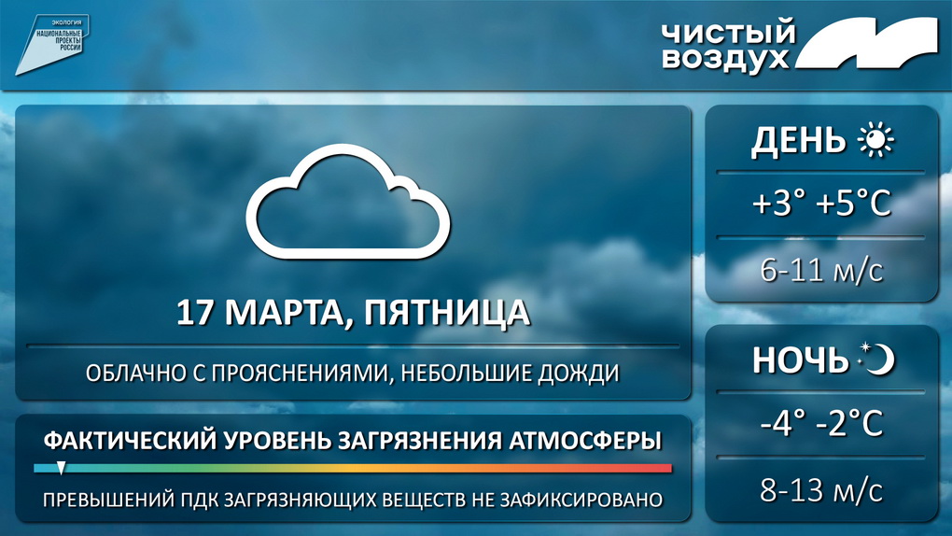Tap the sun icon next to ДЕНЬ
[x=875, y=140]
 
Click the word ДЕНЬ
[x=798, y=141]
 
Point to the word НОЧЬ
[x=800, y=360]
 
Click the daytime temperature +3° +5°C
[x=821, y=203]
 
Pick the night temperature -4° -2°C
[x=821, y=422]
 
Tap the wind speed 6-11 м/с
[x=821, y=270]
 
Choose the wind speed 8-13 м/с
[x=821, y=490]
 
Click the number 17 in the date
[x=195, y=313]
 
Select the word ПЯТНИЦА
[x=447, y=313]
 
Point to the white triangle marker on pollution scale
[x=62, y=467]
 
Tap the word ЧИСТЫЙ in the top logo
[x=729, y=33]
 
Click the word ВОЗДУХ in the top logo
[x=725, y=60]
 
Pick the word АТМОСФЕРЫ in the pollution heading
[x=584, y=441]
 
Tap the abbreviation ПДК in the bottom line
[x=200, y=501]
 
